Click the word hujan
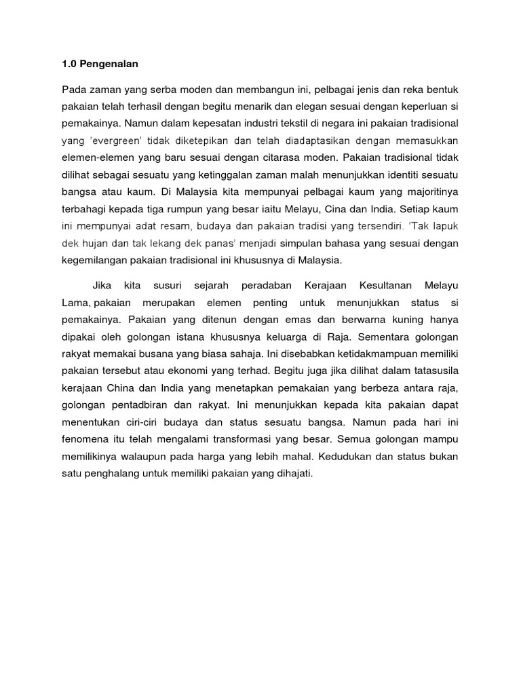[x=95, y=243]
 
